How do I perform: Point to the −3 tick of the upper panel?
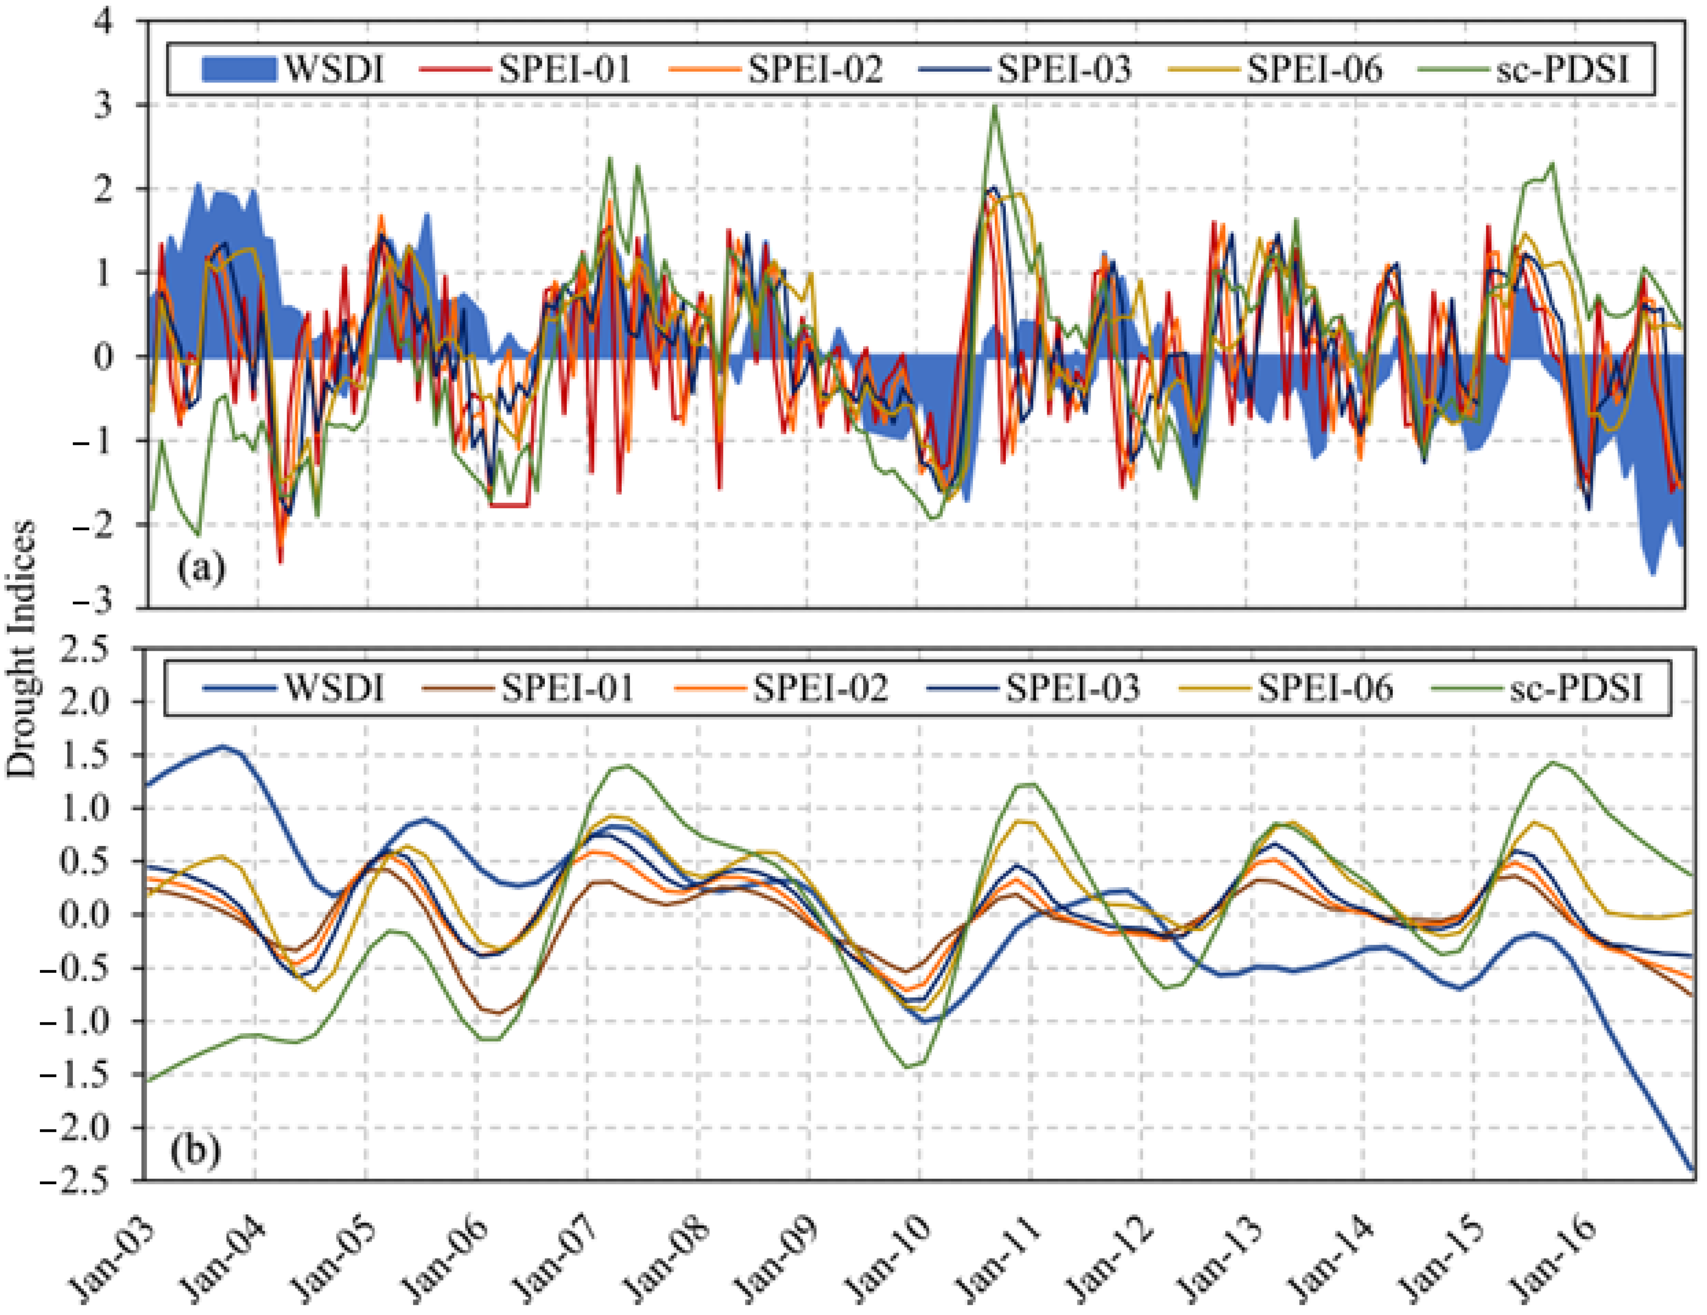(94, 600)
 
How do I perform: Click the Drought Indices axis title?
(22, 649)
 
